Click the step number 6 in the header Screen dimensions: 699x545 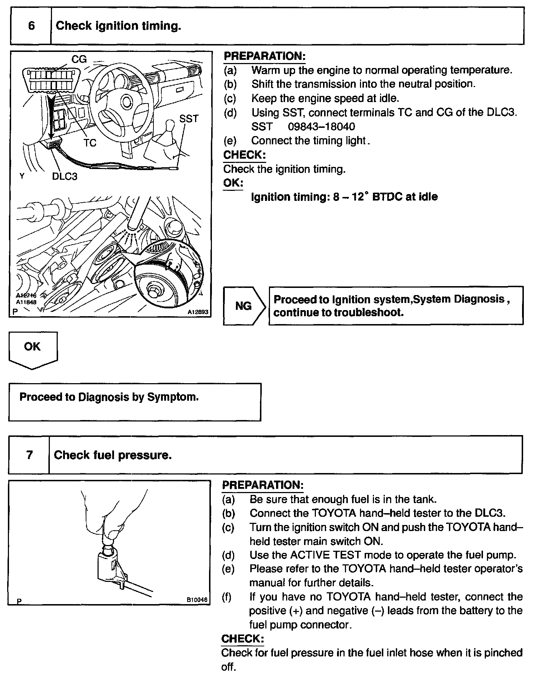coord(31,26)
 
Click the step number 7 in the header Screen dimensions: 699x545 coord(29,455)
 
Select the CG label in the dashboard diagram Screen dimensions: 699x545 coord(79,59)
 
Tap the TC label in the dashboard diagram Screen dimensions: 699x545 coord(90,143)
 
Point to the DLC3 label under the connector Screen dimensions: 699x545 coord(65,176)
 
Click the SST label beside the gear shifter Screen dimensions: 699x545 coord(189,119)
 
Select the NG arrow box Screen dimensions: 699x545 coord(244,306)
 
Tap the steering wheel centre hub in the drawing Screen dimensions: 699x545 coord(126,102)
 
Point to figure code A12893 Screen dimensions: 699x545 coord(198,312)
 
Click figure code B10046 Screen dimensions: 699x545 coord(197,599)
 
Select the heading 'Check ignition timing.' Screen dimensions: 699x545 coord(118,26)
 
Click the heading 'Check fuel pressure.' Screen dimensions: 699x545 coord(113,455)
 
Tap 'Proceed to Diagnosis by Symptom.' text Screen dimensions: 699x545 coord(109,397)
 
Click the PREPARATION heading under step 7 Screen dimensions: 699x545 coord(262,485)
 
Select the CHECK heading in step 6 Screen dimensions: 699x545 coord(244,155)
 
